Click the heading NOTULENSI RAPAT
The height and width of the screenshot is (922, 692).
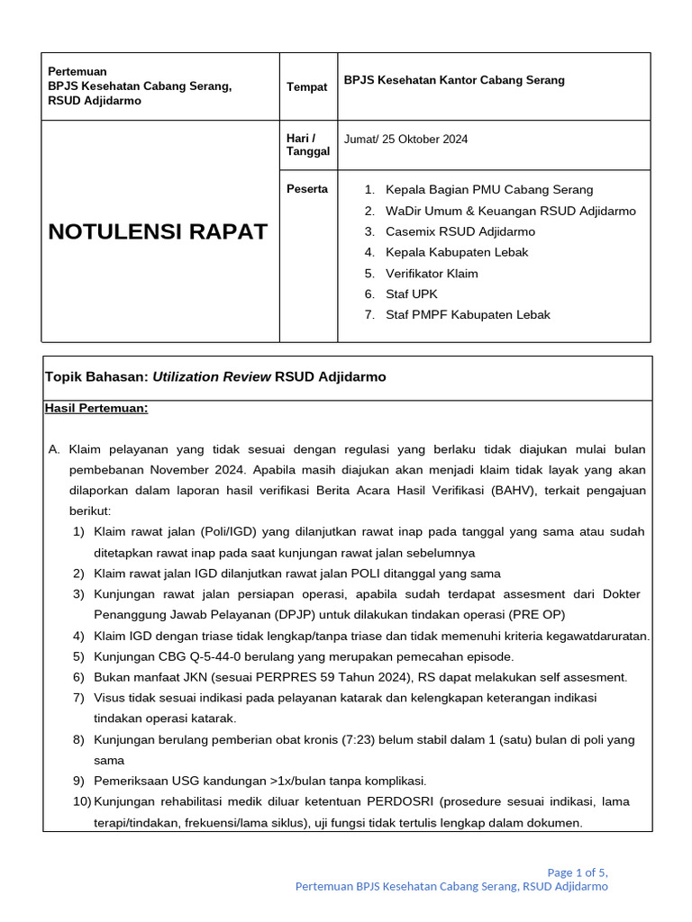pos(158,231)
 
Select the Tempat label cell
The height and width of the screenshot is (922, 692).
pos(306,86)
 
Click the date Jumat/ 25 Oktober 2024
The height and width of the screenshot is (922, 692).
pos(405,140)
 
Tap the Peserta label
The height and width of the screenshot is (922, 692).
pos(307,189)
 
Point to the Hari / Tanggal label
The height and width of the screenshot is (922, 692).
pos(308,145)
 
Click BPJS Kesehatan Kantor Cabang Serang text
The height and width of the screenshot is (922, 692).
pos(454,80)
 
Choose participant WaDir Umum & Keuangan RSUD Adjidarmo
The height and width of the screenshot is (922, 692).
pos(510,211)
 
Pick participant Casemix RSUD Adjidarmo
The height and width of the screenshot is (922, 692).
pos(460,231)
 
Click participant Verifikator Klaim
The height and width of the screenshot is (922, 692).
pos(432,273)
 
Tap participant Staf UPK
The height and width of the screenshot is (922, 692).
pos(412,294)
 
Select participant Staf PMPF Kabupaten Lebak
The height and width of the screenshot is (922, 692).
pos(468,314)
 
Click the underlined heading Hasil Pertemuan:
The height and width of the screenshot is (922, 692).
pos(96,408)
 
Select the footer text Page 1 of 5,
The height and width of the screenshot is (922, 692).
pos(578,872)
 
